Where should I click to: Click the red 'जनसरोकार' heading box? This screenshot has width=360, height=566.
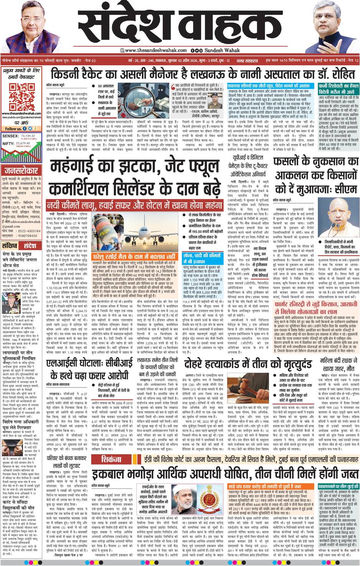21,171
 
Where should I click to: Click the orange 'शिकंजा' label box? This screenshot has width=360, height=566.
112,460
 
